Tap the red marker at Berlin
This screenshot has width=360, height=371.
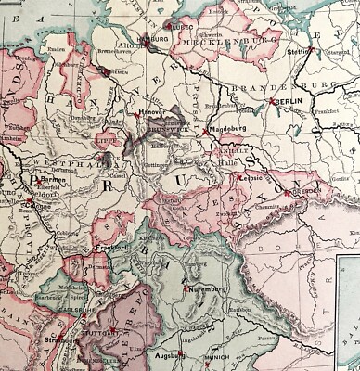click(x=272, y=100)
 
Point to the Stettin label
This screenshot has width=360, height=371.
click(x=299, y=54)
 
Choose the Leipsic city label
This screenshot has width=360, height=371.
click(x=247, y=175)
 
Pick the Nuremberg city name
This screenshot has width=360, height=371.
click(x=206, y=289)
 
